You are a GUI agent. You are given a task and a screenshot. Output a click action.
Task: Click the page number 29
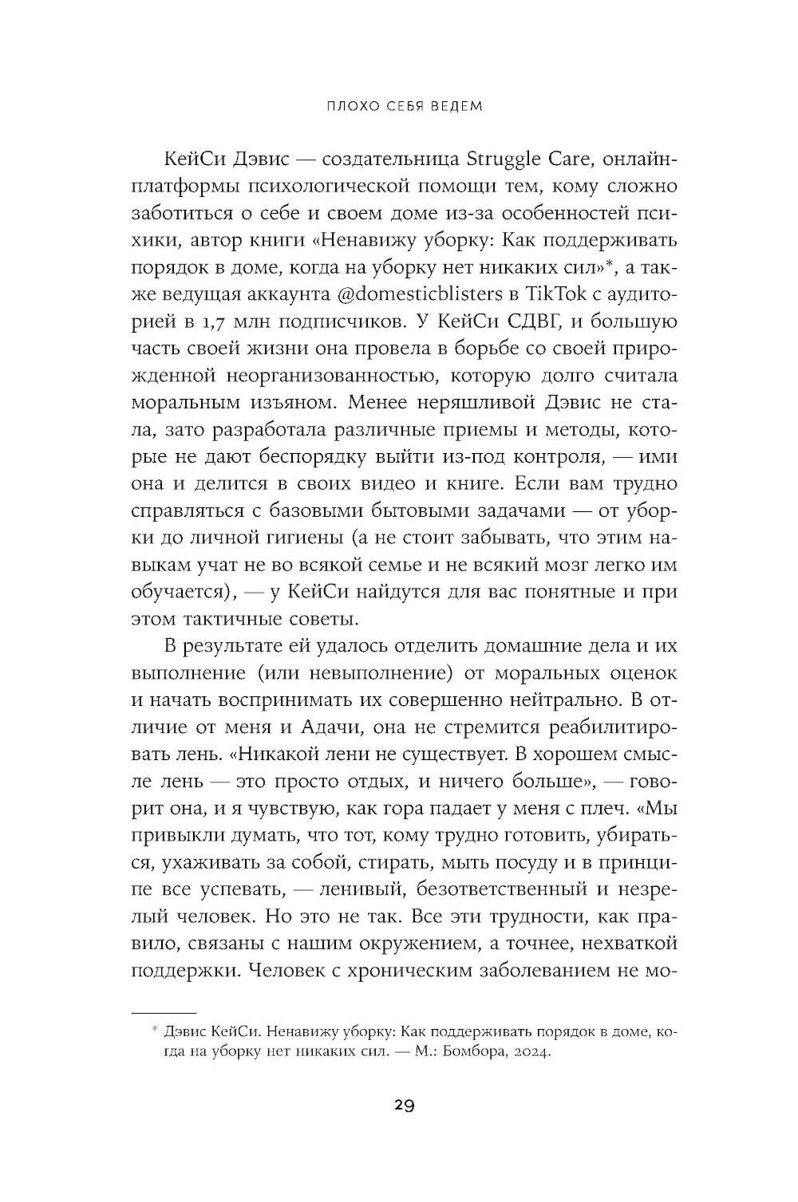(x=403, y=1105)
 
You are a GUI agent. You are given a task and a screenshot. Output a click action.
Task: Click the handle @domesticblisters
(x=412, y=294)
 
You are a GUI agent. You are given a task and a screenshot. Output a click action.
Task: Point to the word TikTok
(x=547, y=294)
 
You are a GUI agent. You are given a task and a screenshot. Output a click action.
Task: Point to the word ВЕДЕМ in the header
(x=455, y=105)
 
